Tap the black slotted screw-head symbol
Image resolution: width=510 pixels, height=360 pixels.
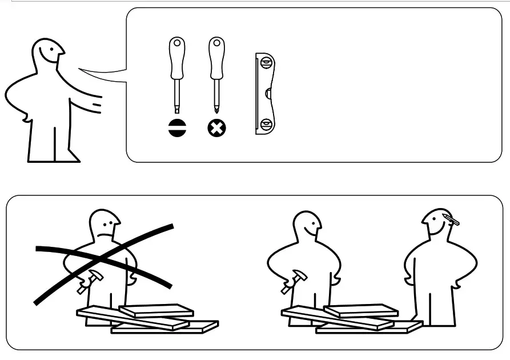[x=178, y=129]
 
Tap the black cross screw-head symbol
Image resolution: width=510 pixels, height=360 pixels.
[x=216, y=129]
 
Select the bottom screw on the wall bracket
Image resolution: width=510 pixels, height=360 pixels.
[x=266, y=124]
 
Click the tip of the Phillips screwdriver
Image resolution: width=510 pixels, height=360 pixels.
[x=216, y=110]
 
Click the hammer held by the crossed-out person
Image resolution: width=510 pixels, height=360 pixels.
[x=91, y=281]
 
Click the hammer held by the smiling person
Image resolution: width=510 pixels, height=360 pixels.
[x=295, y=280]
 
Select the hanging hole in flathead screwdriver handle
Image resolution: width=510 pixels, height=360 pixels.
[x=177, y=43]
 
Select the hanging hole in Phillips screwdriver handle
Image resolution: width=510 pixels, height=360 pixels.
[x=216, y=43]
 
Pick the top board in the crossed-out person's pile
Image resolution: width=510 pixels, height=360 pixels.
[x=155, y=310]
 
